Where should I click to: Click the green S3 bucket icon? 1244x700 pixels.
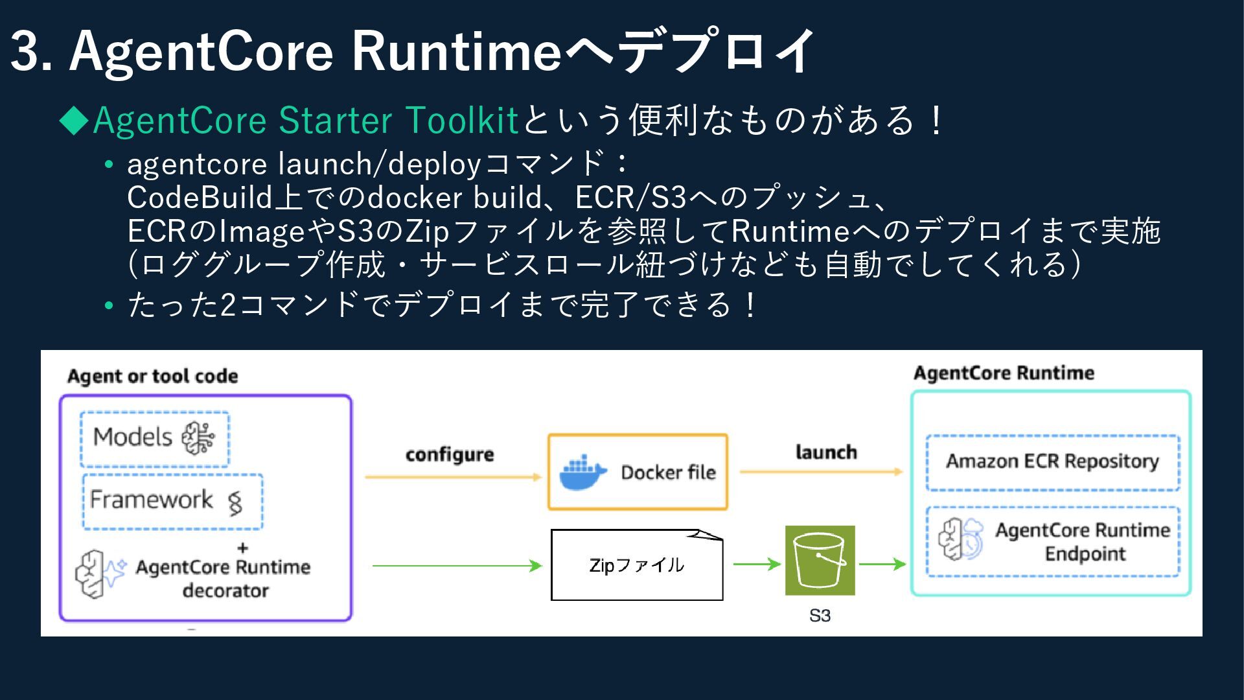820,561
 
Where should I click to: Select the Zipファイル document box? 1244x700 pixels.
636,565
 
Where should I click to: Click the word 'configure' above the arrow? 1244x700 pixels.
450,454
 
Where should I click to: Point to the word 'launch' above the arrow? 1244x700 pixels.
826,452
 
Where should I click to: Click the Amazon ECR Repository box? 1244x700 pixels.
1052,461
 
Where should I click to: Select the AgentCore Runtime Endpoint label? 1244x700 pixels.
1083,542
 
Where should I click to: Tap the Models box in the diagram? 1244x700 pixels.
155,438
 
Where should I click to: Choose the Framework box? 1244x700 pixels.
172,500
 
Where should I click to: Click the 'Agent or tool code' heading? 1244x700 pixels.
152,376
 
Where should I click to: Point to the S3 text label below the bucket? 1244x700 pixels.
820,616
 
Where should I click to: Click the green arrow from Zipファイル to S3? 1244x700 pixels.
757,565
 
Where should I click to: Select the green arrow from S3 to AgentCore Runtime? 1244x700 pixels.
882,565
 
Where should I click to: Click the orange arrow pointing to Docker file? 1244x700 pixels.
453,477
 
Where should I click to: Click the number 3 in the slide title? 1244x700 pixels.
25,52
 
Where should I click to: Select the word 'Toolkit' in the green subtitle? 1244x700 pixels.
462,121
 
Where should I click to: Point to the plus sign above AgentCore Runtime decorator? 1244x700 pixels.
243,548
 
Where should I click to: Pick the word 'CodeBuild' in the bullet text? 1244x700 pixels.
200,198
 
